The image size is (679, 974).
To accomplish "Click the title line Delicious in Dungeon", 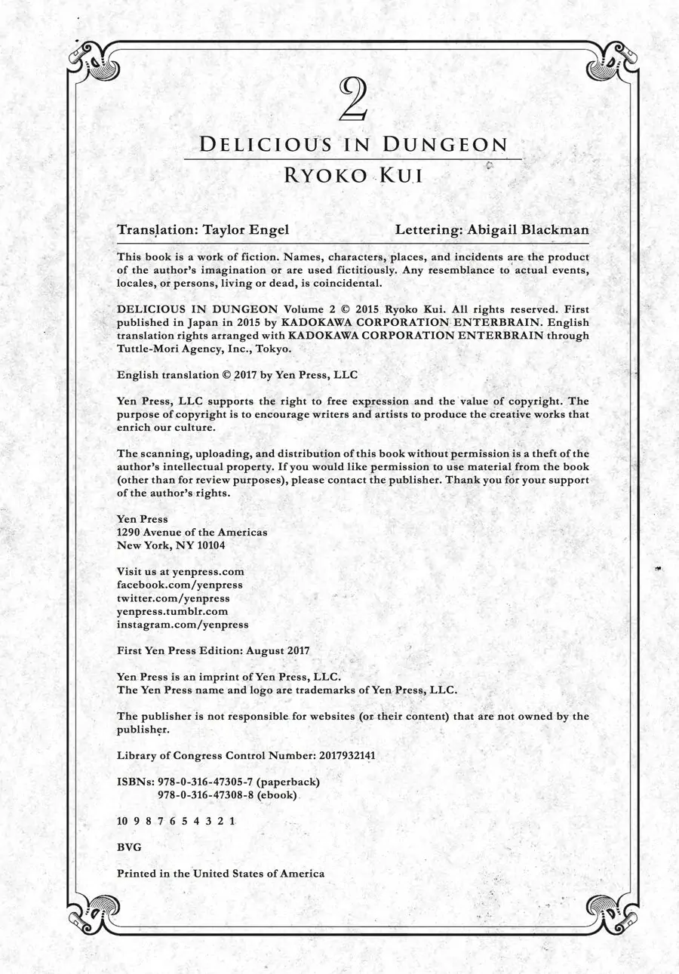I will (353, 145).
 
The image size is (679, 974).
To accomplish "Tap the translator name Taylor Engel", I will (246, 229).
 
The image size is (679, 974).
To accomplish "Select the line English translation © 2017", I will (237, 374).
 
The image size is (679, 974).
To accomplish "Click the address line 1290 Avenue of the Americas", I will (192, 532).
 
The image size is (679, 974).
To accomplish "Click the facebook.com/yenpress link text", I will (180, 585).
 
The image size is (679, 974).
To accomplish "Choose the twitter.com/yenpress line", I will (174, 598).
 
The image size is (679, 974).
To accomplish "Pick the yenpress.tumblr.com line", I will (172, 611).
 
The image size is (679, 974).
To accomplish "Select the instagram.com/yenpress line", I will (183, 625).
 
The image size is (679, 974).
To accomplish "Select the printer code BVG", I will (129, 846).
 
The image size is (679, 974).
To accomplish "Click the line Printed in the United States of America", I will (220, 873).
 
